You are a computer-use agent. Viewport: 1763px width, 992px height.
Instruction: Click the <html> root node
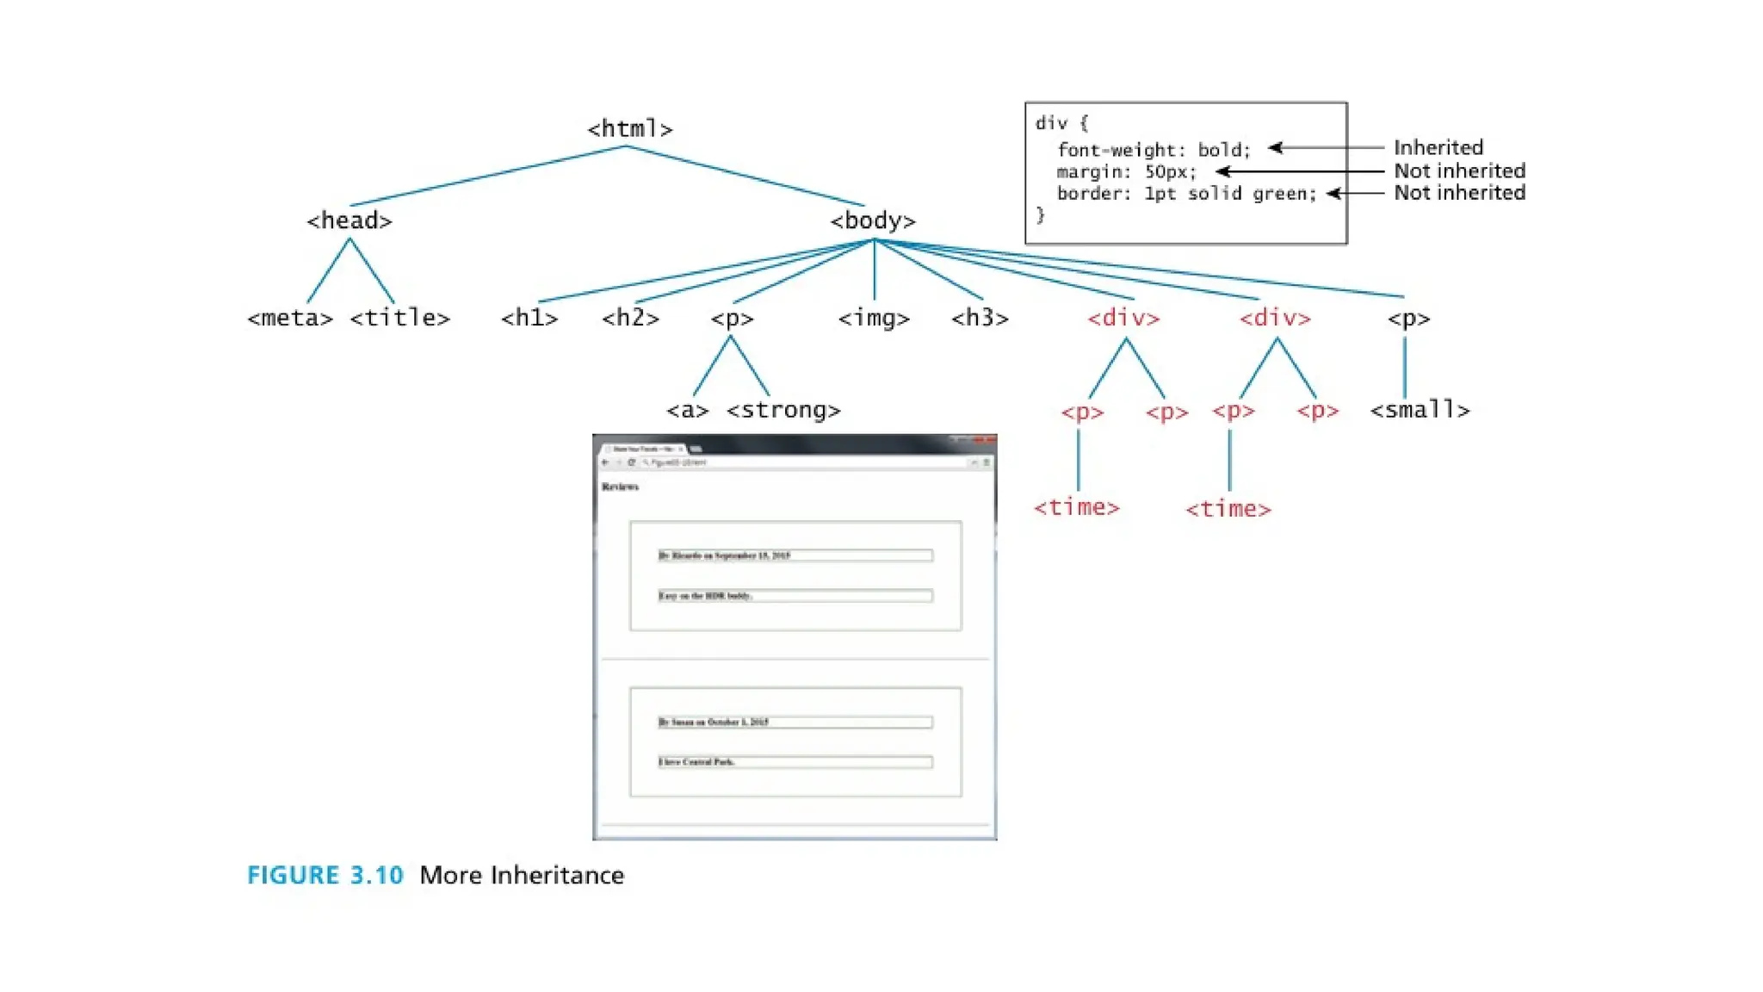[629, 129]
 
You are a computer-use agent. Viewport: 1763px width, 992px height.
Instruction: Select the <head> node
[350, 221]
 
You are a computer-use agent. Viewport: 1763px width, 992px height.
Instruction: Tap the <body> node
[872, 221]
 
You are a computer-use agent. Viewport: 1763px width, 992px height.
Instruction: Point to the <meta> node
[289, 319]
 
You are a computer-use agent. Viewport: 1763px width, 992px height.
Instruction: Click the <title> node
[399, 319]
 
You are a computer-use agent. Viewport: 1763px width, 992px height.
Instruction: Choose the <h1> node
[529, 319]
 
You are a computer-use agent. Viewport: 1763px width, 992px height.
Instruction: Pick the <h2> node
[630, 319]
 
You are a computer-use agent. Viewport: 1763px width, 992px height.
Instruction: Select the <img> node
[874, 319]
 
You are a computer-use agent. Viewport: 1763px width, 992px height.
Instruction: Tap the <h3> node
[980, 319]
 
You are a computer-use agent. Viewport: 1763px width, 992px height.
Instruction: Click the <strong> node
[783, 411]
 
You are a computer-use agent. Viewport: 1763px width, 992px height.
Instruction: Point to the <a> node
[687, 411]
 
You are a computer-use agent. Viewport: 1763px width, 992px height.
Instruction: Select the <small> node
[1420, 411]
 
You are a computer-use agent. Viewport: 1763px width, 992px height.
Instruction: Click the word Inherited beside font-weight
[1438, 147]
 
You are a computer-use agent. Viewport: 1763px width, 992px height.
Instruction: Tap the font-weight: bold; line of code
[1154, 150]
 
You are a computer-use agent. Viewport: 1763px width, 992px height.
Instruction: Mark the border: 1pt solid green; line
[1186, 194]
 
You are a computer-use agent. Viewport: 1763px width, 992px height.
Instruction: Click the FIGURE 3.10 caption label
[325, 876]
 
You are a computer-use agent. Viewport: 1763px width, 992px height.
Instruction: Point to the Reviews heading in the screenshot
[620, 487]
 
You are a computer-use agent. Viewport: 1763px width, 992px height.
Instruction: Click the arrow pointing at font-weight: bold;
[1326, 148]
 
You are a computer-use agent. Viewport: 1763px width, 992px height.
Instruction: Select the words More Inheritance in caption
[522, 876]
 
